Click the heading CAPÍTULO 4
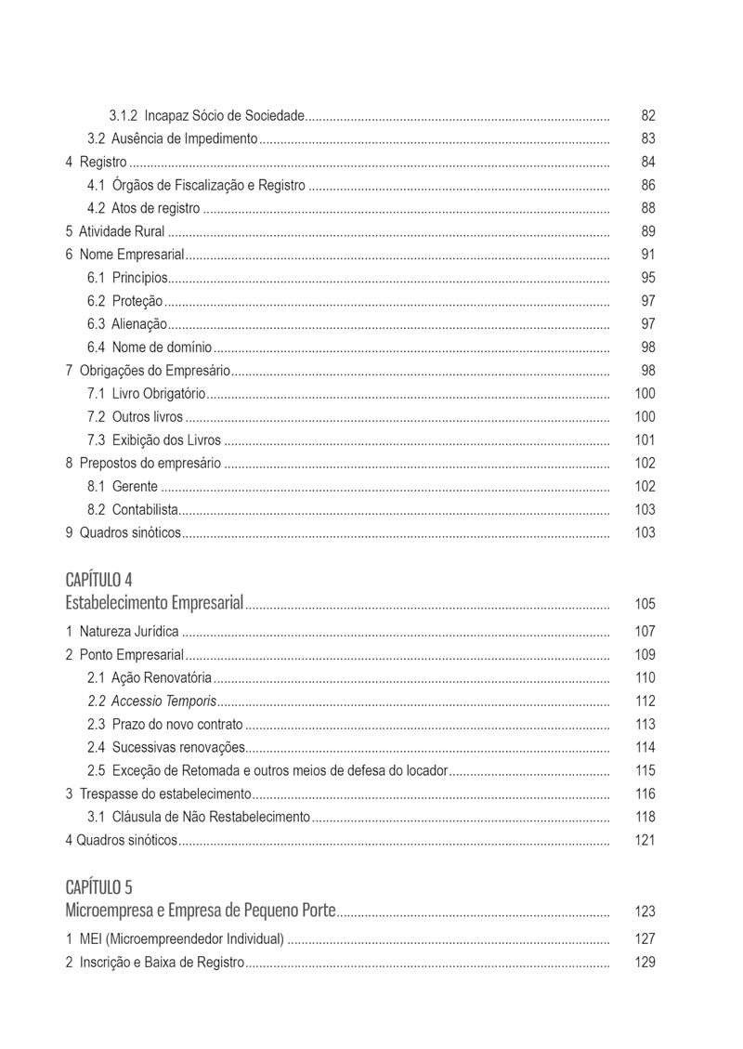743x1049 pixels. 98,580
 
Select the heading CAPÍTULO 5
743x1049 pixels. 98,886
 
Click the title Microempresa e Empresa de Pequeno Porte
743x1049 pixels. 201,911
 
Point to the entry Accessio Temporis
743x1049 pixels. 152,702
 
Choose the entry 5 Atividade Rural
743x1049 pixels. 115,231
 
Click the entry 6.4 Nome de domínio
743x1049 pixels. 150,347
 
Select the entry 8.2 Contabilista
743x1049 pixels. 133,509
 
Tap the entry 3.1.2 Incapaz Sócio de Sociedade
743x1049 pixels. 207,116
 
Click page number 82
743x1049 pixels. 648,116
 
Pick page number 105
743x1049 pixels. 645,605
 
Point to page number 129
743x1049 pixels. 645,963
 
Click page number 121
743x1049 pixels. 645,841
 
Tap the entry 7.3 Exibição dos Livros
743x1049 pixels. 155,440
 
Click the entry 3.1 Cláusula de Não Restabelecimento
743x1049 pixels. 199,818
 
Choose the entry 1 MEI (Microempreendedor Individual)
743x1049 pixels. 175,939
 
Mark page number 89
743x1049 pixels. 648,231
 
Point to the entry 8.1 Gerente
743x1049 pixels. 123,487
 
